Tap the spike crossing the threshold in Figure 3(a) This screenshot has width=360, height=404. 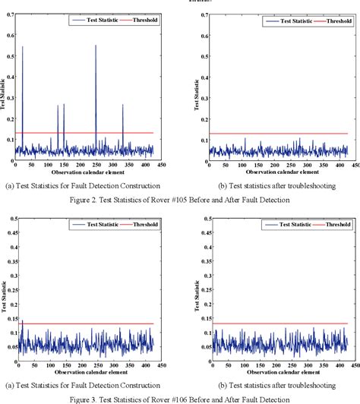22,322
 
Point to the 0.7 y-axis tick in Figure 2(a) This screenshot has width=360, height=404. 9,14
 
